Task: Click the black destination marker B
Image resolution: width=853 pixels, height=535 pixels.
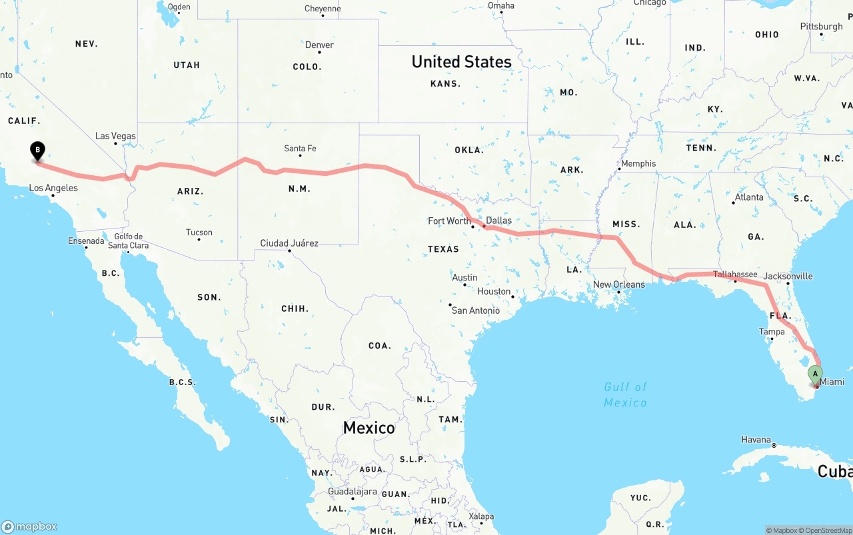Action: pos(38,151)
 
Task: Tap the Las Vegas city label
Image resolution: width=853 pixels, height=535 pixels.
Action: pos(115,136)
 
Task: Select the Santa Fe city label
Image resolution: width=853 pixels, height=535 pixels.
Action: pos(300,149)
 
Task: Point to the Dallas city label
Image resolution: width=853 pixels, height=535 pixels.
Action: pos(498,221)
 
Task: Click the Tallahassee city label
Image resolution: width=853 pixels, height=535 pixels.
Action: pos(735,274)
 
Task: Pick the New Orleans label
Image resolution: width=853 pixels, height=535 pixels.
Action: pos(619,284)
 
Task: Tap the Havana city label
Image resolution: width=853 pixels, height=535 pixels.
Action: pos(756,440)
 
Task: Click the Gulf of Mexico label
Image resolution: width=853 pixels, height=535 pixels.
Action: pos(625,394)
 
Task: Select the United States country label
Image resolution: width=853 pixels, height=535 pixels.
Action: pos(461,62)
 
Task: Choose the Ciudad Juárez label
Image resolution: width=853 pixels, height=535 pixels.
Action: pos(289,243)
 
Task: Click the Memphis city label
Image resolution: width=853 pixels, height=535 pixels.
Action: pos(638,164)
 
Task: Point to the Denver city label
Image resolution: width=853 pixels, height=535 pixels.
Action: pos(319,45)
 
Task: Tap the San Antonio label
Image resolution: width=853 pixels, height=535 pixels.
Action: pos(475,310)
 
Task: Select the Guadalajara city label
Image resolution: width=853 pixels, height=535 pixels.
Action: pos(352,492)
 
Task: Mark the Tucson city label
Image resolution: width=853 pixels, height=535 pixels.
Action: pos(199,233)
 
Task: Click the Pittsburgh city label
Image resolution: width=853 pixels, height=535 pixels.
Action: pos(821,27)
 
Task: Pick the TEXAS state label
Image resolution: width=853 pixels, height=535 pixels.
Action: pos(443,249)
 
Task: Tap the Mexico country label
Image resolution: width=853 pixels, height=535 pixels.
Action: pos(369,428)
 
